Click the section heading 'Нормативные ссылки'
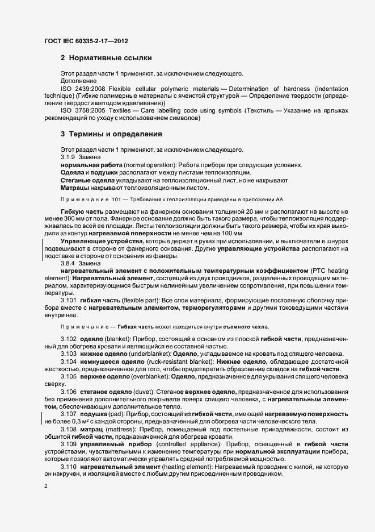[109, 58]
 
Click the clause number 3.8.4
[68, 263]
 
